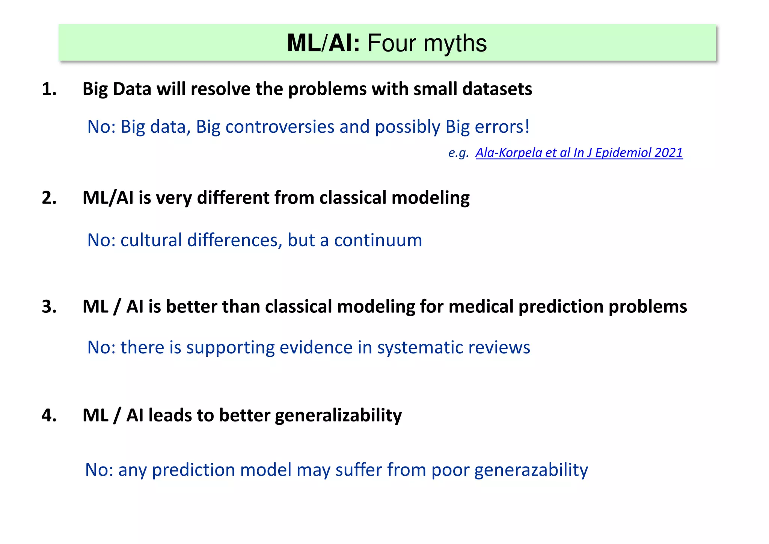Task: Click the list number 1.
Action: (49, 89)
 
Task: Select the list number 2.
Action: (49, 198)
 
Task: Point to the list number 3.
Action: (49, 307)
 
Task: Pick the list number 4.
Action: (49, 415)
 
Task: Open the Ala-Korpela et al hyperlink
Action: (579, 153)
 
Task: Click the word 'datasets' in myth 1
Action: (497, 89)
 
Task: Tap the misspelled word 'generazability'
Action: (531, 470)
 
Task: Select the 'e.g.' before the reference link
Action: (458, 153)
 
